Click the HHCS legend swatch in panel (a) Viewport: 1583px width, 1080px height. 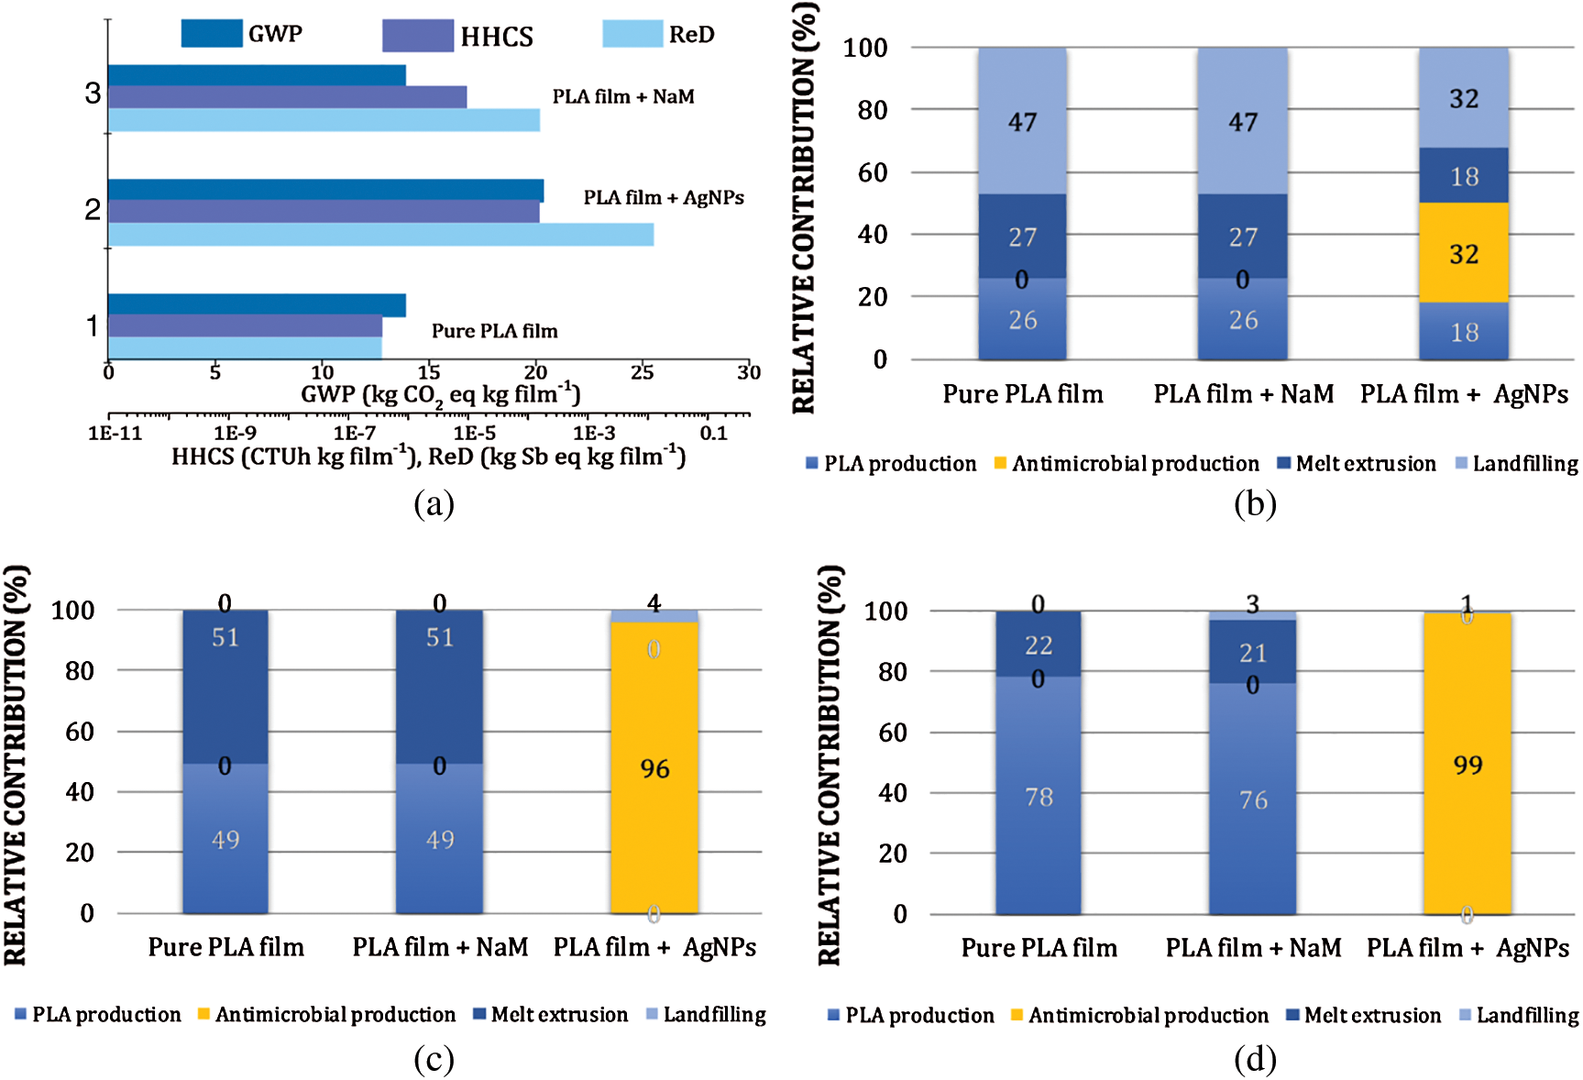pos(418,36)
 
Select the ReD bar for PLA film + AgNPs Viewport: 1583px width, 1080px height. pos(380,235)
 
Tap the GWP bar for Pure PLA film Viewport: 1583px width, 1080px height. pos(257,304)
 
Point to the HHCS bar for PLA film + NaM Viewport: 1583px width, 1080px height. pos(287,97)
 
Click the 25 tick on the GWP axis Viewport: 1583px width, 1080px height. pos(643,372)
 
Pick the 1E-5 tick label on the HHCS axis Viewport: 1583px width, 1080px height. pos(474,433)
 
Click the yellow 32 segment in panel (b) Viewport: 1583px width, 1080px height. pos(1463,253)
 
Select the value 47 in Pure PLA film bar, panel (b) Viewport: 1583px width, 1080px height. pos(1022,122)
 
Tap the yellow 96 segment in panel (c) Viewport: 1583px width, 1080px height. pos(654,768)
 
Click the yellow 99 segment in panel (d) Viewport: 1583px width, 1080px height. pos(1467,765)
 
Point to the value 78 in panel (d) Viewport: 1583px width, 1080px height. pos(1039,797)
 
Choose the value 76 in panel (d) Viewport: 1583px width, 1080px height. pos(1253,800)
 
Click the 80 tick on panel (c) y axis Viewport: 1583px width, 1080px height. pos(80,671)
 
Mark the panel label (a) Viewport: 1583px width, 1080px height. pos(434,504)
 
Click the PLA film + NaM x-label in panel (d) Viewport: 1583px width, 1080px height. pos(1253,948)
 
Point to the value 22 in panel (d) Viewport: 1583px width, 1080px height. pos(1039,646)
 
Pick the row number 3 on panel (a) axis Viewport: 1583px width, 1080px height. pos(93,94)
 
